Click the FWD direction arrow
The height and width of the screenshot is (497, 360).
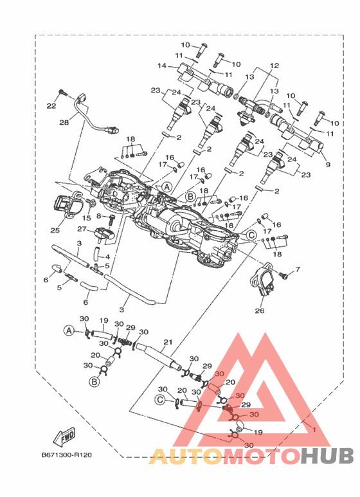click(x=64, y=437)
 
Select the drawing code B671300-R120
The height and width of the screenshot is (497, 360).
click(x=67, y=455)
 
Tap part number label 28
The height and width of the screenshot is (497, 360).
click(x=64, y=122)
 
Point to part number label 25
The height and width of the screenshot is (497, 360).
click(x=55, y=230)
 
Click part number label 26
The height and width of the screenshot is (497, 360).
click(x=260, y=311)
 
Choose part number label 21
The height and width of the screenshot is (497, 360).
click(x=168, y=342)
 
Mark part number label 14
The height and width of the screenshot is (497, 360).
click(x=162, y=66)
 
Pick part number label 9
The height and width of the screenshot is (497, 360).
click(x=328, y=165)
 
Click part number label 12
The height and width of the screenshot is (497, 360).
click(x=274, y=66)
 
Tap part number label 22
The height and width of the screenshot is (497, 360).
click(x=51, y=106)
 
